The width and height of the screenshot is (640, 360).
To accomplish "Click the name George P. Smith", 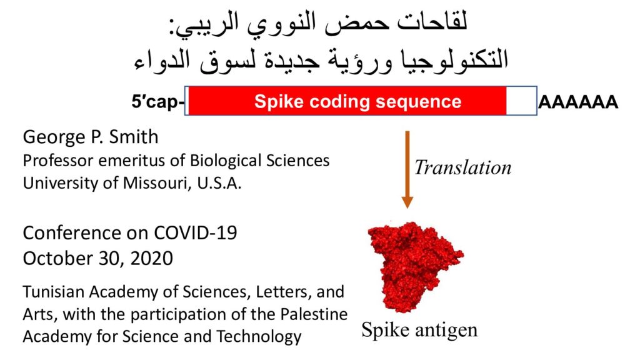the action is click(91, 137).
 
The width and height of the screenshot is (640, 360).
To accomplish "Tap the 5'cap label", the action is click(157, 101).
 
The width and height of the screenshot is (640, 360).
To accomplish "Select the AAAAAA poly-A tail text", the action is click(578, 102).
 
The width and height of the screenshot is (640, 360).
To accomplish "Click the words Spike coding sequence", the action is click(357, 101).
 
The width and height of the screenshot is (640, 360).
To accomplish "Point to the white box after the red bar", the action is click(521, 101).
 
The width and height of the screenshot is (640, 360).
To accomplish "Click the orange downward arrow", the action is click(407, 169).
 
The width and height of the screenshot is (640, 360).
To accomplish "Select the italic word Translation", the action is click(463, 167).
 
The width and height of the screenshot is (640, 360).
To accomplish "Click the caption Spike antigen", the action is click(419, 330).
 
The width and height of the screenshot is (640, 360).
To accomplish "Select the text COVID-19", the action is click(195, 233).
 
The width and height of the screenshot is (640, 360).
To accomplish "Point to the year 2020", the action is click(151, 258).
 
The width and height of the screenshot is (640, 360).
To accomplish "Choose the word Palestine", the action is click(314, 314).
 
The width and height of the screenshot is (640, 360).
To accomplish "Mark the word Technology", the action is click(259, 337).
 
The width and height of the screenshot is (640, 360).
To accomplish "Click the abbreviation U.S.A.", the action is click(219, 183).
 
